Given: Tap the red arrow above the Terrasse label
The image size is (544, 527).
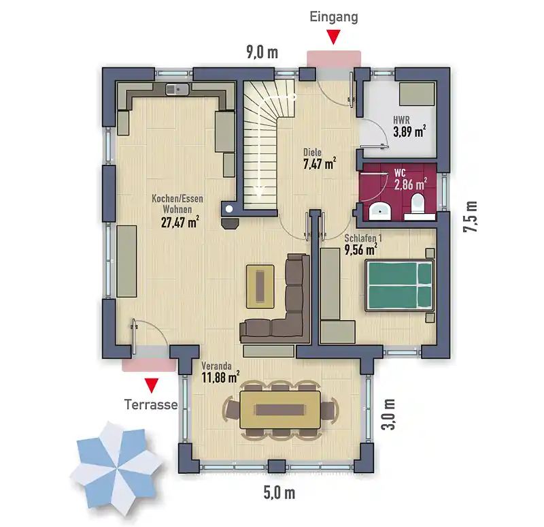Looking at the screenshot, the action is click(151, 385).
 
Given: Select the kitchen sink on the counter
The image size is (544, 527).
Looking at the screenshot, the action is click(177, 89).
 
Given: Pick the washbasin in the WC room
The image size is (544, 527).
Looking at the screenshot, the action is click(380, 211).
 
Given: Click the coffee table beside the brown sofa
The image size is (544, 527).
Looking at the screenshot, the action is click(260, 286).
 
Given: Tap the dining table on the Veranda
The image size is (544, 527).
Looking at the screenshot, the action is click(280, 410).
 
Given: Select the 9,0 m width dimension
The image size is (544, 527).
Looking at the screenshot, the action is click(262, 52).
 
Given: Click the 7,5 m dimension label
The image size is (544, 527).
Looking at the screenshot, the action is click(470, 217).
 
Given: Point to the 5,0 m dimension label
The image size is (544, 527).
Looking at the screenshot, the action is click(279, 492).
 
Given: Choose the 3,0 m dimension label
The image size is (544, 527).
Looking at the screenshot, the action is click(388, 415).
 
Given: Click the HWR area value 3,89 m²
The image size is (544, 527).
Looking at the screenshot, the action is click(409, 131).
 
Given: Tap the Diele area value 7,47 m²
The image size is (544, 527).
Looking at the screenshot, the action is click(320, 163).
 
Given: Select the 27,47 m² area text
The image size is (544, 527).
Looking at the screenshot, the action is click(180, 222).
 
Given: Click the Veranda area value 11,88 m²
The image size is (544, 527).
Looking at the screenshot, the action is click(220, 377).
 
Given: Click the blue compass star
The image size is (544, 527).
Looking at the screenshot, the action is click(116, 468).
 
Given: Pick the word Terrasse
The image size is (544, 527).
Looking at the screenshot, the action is click(151, 404).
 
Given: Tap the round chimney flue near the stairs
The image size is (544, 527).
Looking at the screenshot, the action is click(229, 209).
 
